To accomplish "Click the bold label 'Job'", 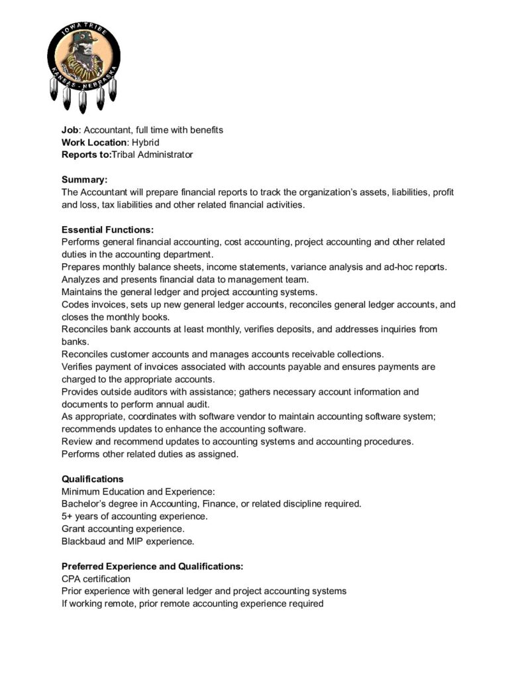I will click(70, 130).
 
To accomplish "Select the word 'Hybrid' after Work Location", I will click(146, 143).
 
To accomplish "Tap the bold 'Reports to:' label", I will click(86, 154).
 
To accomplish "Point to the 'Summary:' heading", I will click(84, 180).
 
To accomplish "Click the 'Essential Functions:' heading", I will click(107, 229).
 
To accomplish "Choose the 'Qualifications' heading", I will click(92, 479).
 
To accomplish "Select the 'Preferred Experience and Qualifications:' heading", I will click(152, 566).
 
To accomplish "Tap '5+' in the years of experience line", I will click(67, 516).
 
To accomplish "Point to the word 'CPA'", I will click(72, 579).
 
